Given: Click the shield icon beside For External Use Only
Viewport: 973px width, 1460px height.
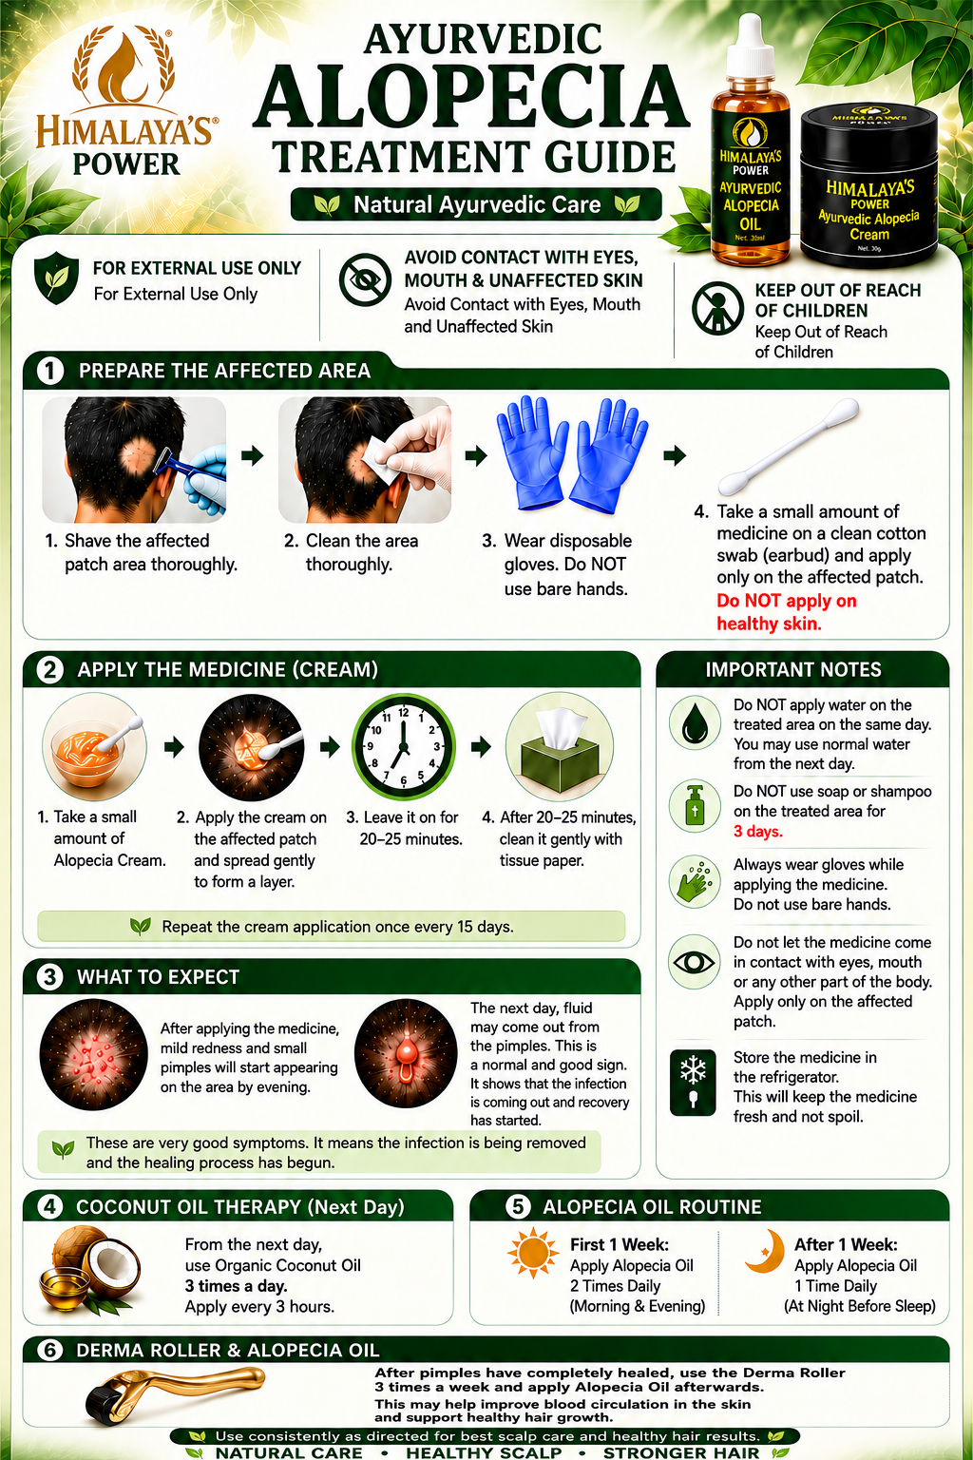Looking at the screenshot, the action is click(57, 278).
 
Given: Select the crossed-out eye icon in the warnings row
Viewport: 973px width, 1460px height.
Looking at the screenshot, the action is click(365, 279).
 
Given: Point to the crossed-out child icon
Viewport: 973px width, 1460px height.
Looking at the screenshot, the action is click(717, 308).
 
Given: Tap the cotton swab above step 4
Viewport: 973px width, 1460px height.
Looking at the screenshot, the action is click(789, 447).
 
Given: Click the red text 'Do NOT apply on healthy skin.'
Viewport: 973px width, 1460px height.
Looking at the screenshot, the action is click(787, 612).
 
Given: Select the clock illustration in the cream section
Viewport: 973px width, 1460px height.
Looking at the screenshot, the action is click(404, 747).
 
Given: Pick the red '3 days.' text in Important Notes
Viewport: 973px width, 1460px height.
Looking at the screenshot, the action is click(758, 832).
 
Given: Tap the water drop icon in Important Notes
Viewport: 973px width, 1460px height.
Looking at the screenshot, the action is click(695, 722).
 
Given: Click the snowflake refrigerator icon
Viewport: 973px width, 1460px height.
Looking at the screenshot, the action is click(693, 1083).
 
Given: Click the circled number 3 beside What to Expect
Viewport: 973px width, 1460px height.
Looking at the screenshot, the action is click(49, 977).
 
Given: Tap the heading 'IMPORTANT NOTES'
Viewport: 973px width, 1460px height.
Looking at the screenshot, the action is click(793, 669).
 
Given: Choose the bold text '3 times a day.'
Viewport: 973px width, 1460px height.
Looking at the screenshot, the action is click(236, 1286).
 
